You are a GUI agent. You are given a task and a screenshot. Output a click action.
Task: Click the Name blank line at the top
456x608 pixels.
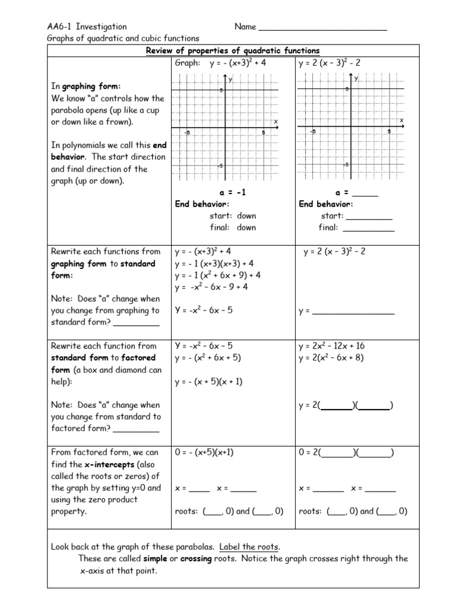(x=323, y=27)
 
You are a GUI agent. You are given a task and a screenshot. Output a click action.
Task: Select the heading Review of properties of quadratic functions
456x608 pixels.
(x=233, y=50)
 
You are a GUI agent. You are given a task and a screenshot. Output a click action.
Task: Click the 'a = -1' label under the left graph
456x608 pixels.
(x=232, y=193)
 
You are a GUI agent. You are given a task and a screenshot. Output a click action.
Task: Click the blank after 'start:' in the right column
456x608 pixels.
(x=369, y=216)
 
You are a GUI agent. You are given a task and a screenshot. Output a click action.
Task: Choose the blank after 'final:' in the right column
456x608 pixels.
(x=368, y=227)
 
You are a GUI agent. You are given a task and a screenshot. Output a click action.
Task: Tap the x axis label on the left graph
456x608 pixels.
(x=275, y=122)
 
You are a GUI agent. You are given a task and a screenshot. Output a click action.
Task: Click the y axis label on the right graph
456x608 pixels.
(x=356, y=78)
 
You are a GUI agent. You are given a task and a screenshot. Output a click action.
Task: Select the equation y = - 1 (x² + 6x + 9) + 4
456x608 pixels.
(x=217, y=275)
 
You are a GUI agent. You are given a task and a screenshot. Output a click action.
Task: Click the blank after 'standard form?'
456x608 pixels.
(x=136, y=323)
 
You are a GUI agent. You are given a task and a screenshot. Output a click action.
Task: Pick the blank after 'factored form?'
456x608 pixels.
(x=136, y=429)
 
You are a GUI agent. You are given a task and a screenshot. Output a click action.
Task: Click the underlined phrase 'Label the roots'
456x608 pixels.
(x=249, y=547)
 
